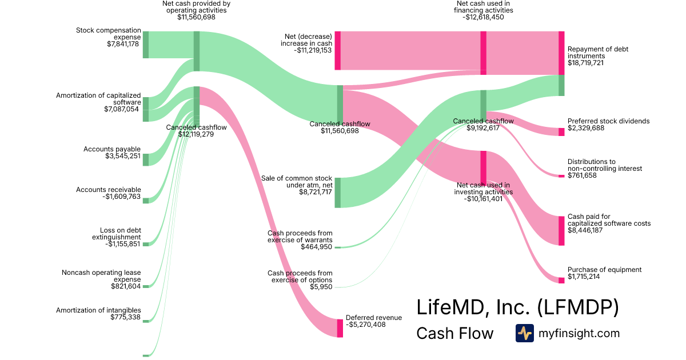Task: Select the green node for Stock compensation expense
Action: coord(145,45)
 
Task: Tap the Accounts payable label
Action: coord(112,149)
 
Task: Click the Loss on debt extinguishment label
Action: coord(117,234)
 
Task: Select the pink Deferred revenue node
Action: coord(340,328)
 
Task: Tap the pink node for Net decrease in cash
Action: coord(338,51)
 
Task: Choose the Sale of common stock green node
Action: coord(338,193)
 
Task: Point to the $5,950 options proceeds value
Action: coord(321,287)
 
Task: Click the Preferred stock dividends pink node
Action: coord(561,132)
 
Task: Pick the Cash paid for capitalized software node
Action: coord(561,231)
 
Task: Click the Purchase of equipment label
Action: coord(604,270)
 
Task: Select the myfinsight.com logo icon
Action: coord(525,333)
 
